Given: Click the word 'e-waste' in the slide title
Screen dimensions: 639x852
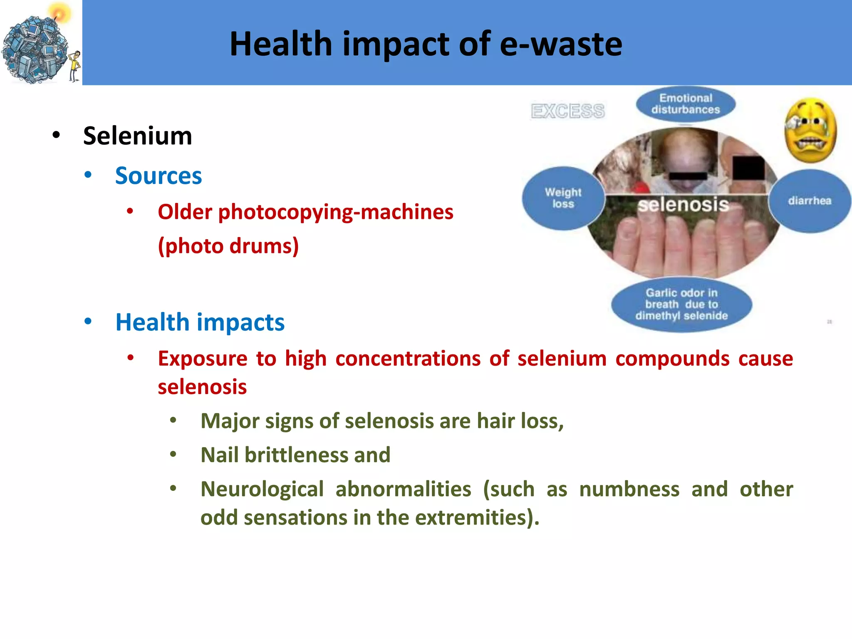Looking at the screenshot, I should click(560, 44).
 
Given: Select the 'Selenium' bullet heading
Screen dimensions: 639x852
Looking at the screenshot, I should click(137, 136).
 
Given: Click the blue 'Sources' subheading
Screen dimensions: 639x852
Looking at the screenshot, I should click(159, 176).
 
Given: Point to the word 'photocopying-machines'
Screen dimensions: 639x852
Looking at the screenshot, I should click(335, 212).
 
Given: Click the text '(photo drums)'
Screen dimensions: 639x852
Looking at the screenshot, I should click(228, 246).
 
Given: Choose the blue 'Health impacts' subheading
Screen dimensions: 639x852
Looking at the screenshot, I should click(200, 322).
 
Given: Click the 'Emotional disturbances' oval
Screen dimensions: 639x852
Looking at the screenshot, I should click(685, 104).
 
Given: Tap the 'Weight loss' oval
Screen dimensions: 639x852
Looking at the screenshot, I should click(563, 198).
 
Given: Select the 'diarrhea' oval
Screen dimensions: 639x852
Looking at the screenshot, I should click(809, 201).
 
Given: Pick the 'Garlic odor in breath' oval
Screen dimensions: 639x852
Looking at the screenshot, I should click(681, 305).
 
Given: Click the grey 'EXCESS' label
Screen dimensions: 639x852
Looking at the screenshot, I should click(567, 111).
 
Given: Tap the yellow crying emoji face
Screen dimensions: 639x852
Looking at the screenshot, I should click(810, 130).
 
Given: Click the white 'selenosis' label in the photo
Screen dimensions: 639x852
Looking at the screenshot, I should click(683, 205).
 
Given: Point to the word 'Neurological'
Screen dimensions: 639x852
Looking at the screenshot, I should click(262, 489).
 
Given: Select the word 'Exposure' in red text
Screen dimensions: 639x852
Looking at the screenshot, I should click(203, 359).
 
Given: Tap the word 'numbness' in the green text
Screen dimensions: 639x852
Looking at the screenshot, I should click(629, 489).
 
